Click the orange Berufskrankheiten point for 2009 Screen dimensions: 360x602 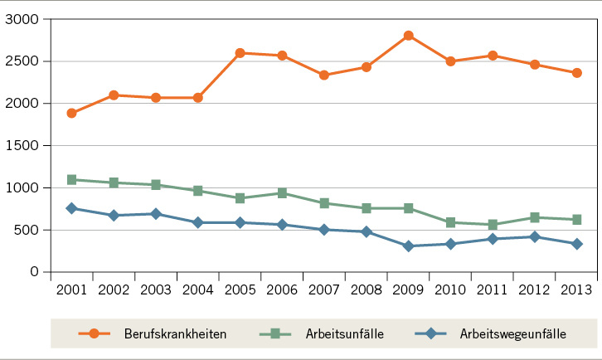408,36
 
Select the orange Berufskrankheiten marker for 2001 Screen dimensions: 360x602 72,113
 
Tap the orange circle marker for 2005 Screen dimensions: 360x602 240,53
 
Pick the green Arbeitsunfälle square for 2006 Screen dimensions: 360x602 282,193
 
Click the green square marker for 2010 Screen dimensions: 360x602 450,222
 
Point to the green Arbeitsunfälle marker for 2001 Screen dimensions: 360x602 72,179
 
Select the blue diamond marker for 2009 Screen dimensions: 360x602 408,246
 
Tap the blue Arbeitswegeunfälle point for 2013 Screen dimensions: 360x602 576,244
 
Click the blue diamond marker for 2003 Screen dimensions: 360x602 156,214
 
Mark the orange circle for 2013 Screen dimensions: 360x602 576,73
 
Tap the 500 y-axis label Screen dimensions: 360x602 27,231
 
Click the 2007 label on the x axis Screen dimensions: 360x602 324,290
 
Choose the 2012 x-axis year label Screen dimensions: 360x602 534,290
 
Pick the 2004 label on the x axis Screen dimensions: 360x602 198,290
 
